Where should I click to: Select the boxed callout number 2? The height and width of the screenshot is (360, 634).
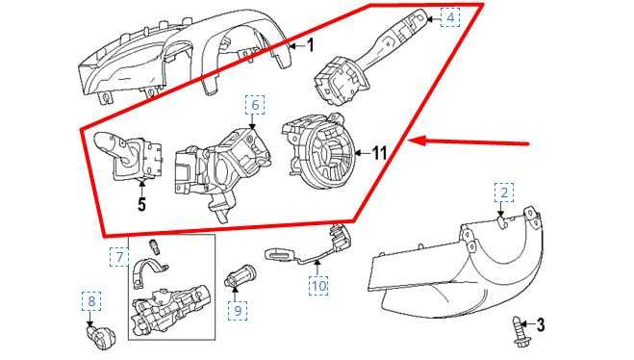coord(501,193)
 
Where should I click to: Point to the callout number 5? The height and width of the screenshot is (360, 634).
coord(141,204)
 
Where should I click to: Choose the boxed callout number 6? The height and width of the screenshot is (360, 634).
coord(255,103)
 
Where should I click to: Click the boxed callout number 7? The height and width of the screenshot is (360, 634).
coord(117,257)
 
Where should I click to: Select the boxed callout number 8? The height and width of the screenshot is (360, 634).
coord(91,302)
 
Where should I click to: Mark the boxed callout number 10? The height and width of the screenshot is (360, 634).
coord(318,285)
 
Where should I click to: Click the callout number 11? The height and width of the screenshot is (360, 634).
coord(379,152)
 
